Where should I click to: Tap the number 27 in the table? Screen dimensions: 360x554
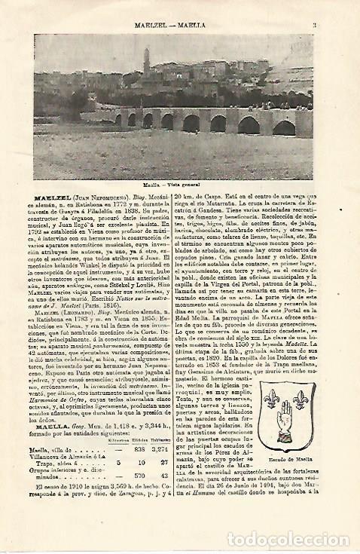point(160,462)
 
